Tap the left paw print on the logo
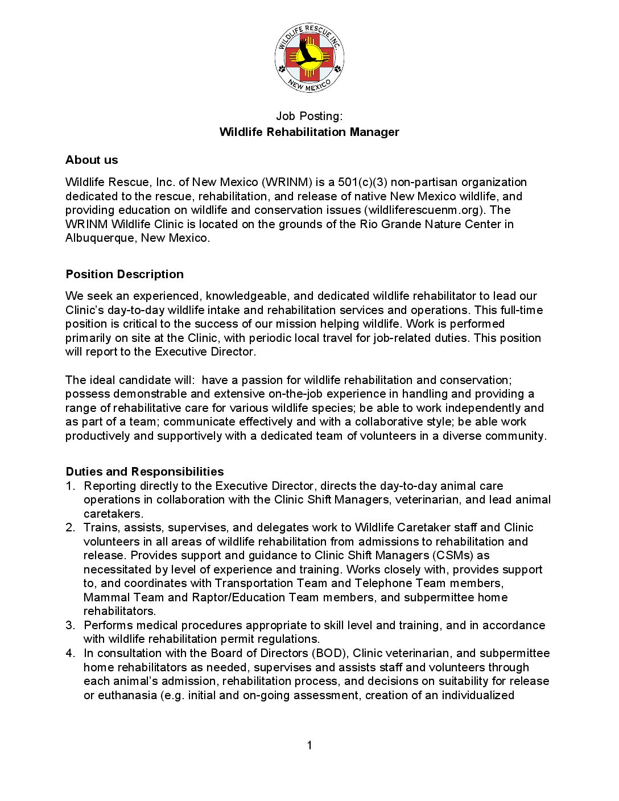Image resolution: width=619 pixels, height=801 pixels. click(x=282, y=69)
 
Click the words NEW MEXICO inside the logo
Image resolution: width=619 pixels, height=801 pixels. click(x=309, y=86)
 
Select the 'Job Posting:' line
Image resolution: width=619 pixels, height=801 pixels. click(x=309, y=116)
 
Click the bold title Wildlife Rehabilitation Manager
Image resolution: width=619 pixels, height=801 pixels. click(x=309, y=132)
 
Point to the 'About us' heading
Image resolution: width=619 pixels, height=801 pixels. click(x=92, y=160)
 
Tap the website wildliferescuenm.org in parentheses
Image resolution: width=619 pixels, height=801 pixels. click(x=426, y=210)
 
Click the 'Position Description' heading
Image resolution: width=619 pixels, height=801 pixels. click(x=125, y=274)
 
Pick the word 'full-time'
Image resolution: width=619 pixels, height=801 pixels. click(x=521, y=310)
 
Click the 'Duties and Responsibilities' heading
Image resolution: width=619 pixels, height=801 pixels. click(x=145, y=472)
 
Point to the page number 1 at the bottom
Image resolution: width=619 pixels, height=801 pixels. click(x=309, y=745)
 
